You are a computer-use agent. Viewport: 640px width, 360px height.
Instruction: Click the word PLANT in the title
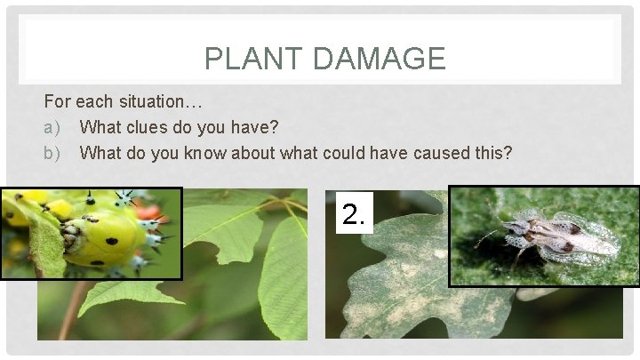250,59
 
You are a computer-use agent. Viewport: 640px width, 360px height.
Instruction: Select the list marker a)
53,128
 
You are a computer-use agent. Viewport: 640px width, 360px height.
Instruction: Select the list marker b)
53,153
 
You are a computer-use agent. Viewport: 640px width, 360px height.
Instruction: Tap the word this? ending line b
494,153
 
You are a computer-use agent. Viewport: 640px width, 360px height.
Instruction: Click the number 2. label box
354,212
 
